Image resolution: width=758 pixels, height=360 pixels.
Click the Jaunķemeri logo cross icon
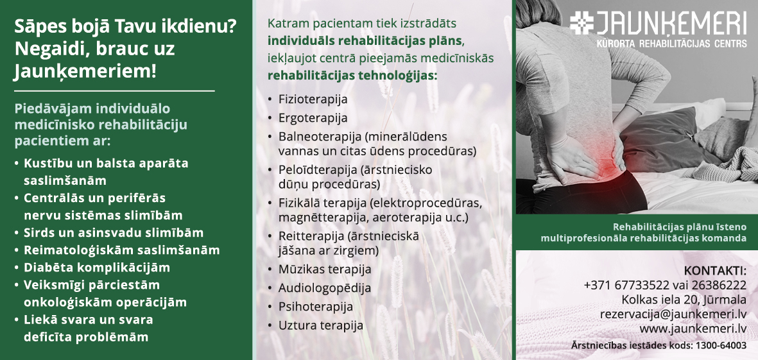pyautogui.click(x=582, y=22)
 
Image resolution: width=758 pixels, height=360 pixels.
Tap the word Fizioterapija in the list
pyautogui.click(x=313, y=99)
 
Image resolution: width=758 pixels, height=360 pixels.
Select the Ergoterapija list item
pyautogui.click(x=313, y=118)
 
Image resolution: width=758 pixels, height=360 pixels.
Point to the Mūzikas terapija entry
pyautogui.click(x=324, y=269)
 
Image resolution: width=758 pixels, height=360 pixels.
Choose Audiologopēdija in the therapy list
pyautogui.click(x=324, y=288)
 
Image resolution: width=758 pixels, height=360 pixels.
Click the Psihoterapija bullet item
pyautogui.click(x=316, y=307)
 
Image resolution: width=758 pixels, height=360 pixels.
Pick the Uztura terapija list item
pyautogui.click(x=320, y=326)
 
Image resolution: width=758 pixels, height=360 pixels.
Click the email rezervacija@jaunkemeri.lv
pyautogui.click(x=673, y=314)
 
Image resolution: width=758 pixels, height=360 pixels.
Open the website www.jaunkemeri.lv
pyautogui.click(x=693, y=329)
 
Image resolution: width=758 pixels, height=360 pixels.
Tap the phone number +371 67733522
pyautogui.click(x=626, y=285)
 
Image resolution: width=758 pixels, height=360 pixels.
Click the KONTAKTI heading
pyautogui.click(x=715, y=271)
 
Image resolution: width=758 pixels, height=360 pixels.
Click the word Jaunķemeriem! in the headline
pyautogui.click(x=85, y=71)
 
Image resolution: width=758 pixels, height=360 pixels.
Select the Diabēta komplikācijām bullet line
pyautogui.click(x=97, y=268)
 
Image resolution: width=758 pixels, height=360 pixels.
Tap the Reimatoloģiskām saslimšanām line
pyautogui.click(x=122, y=250)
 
